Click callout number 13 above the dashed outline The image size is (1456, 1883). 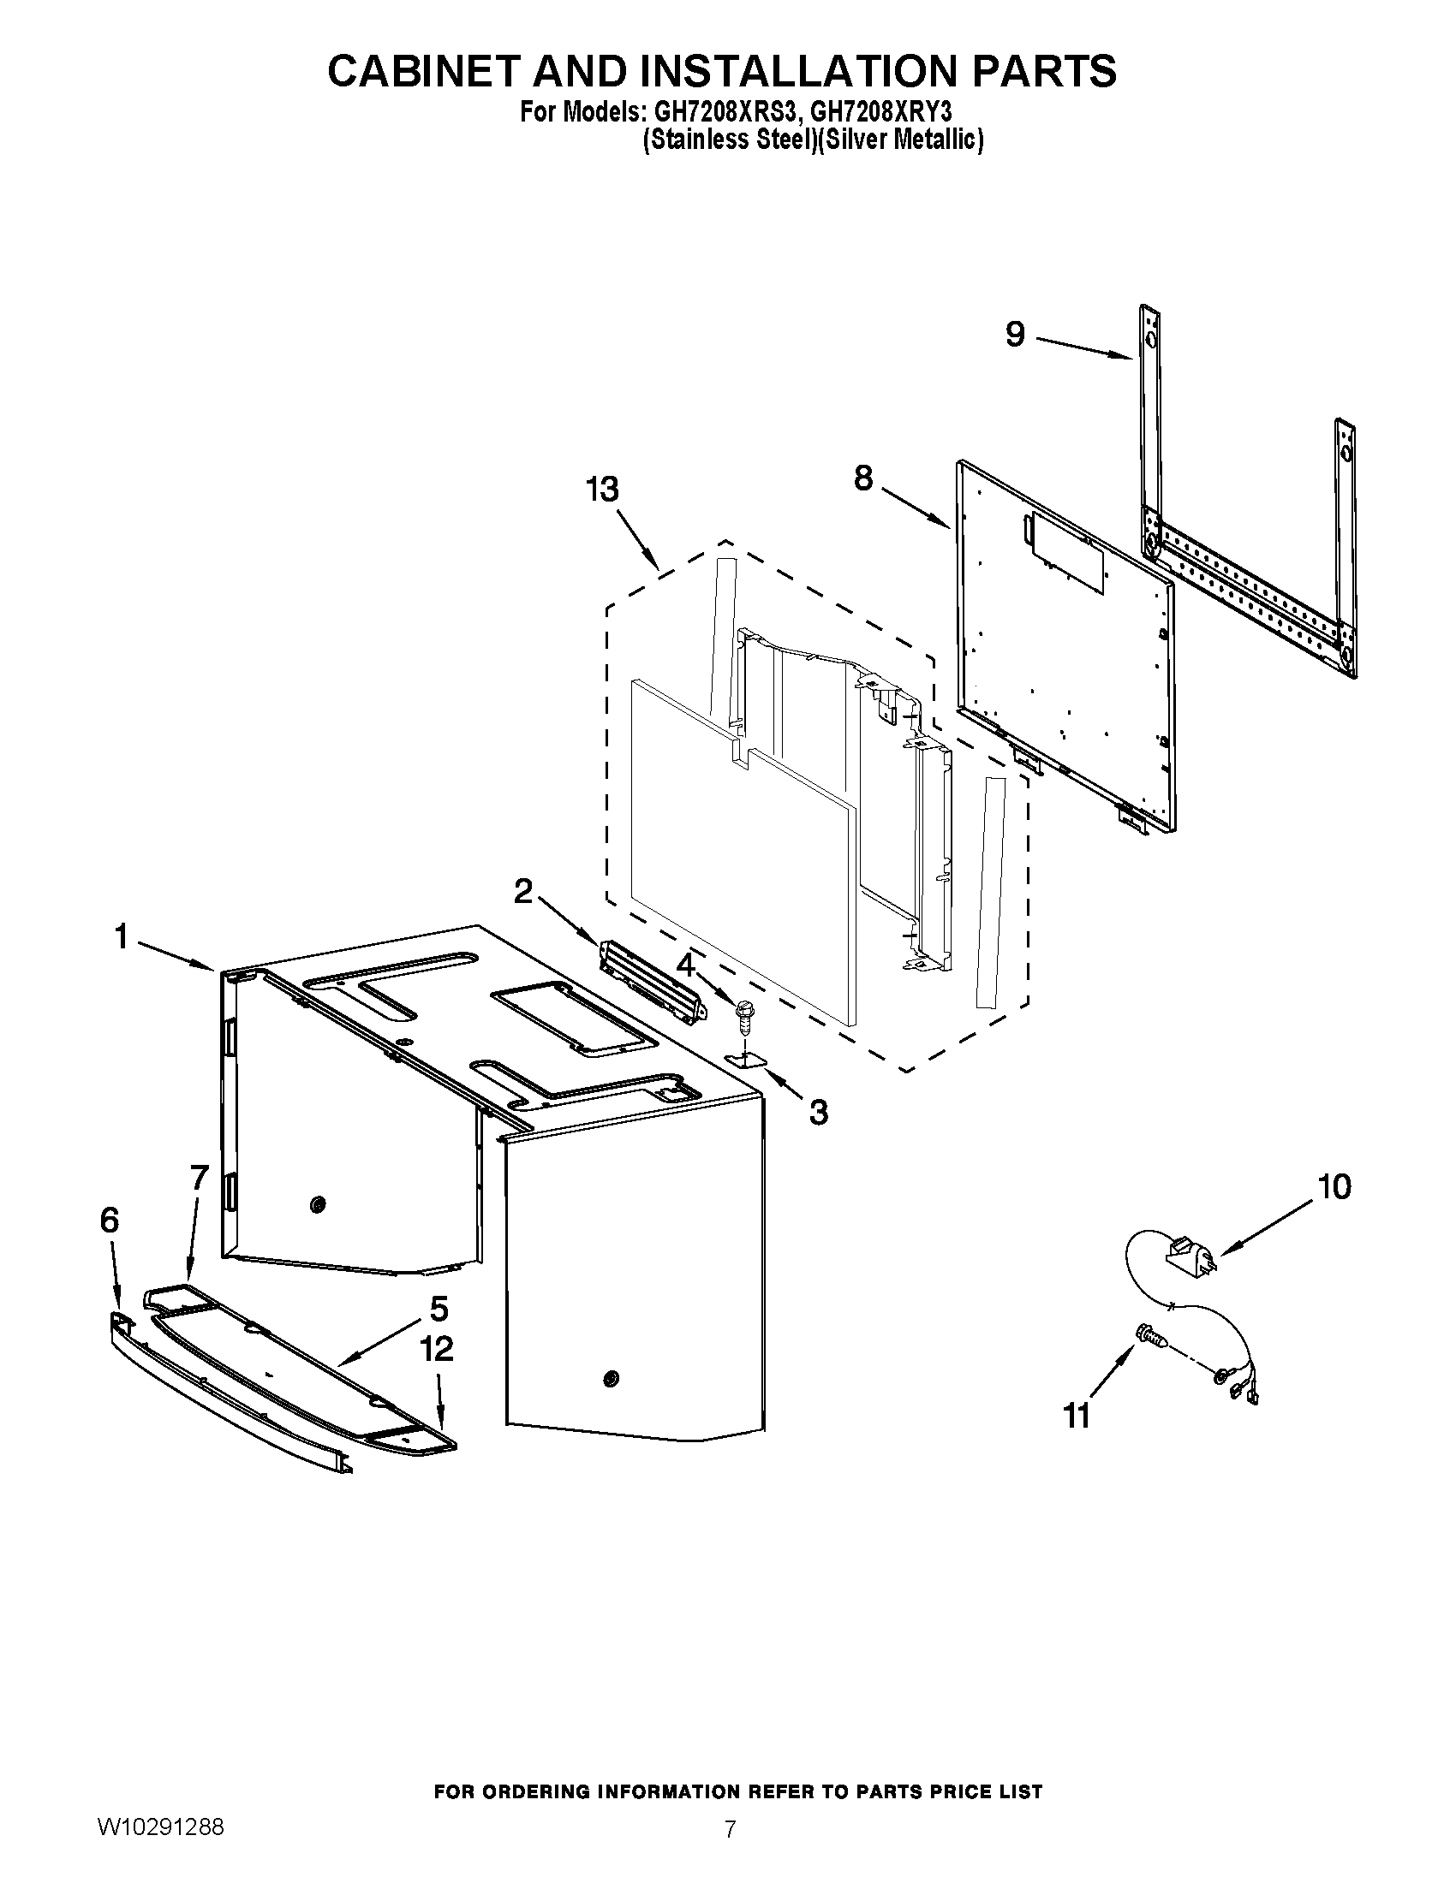pos(602,490)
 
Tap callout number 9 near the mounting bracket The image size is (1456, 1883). pos(1015,334)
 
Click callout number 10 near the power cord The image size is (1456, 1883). pos(1334,1187)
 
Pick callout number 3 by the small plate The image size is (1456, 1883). pos(818,1112)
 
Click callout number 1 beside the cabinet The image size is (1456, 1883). pos(122,936)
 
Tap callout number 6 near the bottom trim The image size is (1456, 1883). pos(110,1220)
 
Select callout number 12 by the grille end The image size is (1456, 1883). pos(438,1348)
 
